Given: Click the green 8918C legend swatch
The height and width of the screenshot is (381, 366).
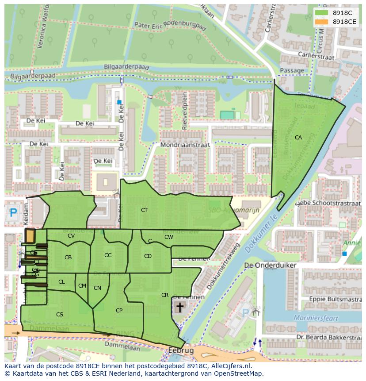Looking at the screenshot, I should coord(321,13).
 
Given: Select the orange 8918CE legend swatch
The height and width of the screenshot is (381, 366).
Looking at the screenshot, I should coord(321,22).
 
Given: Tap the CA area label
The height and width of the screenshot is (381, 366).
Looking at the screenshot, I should coord(298,138).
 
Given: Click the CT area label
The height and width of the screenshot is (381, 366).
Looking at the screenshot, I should coord(144,210).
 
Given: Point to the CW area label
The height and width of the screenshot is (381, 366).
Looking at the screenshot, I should coord(168,237).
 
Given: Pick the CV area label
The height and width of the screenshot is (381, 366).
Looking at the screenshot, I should coord(71,236).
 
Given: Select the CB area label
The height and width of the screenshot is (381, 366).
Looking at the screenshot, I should coord(68,258).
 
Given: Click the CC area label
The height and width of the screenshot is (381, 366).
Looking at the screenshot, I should coord(108,255).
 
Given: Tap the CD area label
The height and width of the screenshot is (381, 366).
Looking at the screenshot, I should coord(148,256).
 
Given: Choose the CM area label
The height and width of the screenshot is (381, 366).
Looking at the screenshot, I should coord(82,286).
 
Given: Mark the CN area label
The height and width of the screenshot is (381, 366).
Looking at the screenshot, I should coord(97,288).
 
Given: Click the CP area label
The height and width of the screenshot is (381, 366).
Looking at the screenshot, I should coord(119,311).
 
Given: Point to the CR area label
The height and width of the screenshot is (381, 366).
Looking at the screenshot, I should coord(165,295).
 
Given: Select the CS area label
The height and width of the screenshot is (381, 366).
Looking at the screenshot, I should coord(60,315).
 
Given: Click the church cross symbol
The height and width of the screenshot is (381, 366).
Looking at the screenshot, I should coord(179,307).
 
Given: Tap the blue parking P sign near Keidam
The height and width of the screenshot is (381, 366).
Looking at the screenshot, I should coord(13,213).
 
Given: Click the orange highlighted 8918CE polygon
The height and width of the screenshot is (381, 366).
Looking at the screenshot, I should coord(30,236).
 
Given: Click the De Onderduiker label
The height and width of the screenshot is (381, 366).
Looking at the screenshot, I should coord(270,265).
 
